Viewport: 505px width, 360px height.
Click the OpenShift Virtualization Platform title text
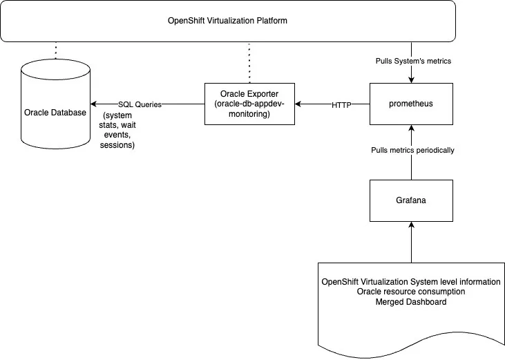coord(227,20)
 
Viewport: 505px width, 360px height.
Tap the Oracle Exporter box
coord(249,104)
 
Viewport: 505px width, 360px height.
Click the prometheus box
coord(410,104)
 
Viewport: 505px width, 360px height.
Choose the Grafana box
coord(410,201)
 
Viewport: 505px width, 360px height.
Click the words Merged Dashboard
coord(410,302)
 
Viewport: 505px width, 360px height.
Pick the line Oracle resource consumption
coord(410,292)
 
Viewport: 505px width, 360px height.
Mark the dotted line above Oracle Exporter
coord(249,62)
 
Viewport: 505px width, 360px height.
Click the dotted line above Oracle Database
coord(55,50)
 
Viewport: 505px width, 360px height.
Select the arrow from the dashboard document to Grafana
coord(410,242)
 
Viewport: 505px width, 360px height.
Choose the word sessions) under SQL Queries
coord(117,145)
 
